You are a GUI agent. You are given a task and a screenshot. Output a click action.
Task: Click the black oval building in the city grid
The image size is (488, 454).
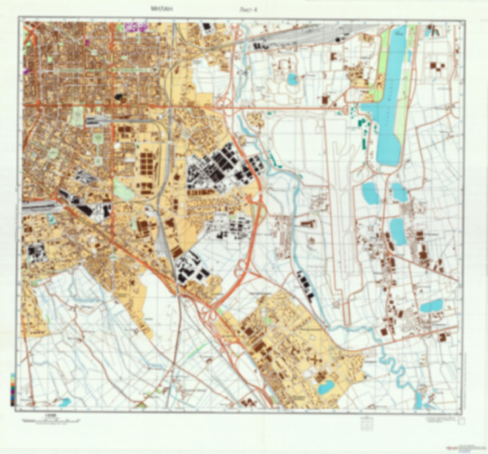118,97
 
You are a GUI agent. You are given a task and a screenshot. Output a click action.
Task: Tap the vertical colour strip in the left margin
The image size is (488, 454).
12,389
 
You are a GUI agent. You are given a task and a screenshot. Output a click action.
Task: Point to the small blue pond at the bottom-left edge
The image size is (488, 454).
65,402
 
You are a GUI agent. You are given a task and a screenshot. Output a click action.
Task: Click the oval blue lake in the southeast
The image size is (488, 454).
431,306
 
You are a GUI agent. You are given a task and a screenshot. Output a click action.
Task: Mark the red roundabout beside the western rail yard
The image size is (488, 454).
53,196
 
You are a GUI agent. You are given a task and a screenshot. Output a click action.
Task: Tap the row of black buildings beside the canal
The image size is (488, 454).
305,284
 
